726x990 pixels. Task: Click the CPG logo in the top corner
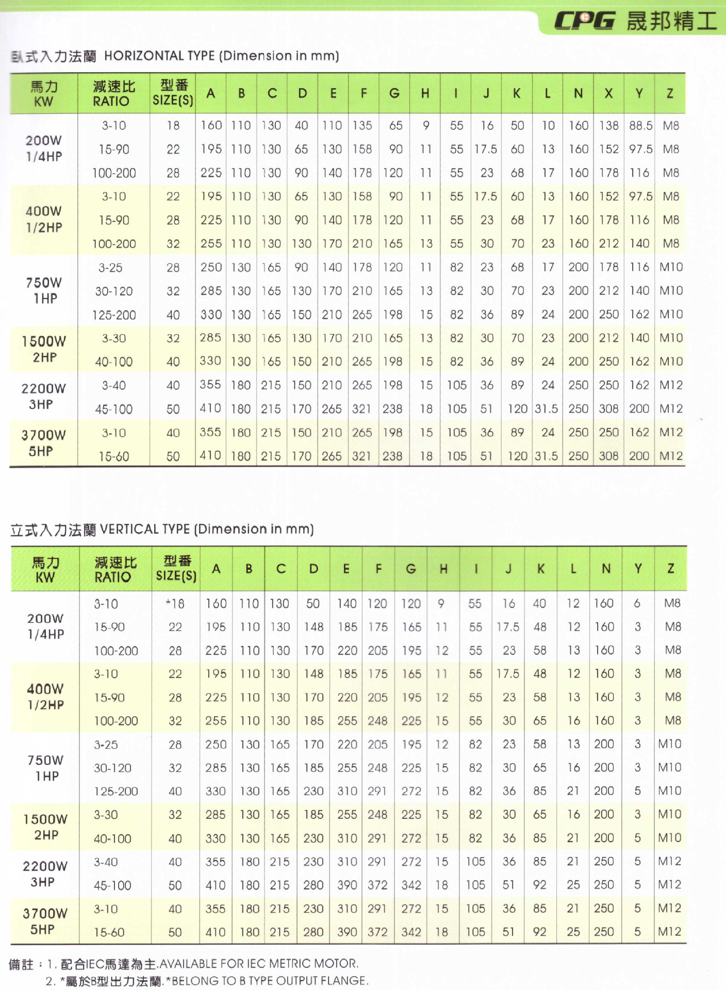click(584, 21)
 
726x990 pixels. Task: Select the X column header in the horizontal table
click(608, 93)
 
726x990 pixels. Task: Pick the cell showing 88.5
click(640, 125)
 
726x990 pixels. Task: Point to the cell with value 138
click(608, 125)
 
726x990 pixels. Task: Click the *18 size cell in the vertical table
click(175, 603)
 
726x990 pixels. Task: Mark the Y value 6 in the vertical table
click(637, 603)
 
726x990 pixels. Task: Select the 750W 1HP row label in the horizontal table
click(44, 290)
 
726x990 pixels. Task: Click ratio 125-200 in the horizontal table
click(114, 315)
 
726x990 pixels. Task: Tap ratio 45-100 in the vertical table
click(112, 885)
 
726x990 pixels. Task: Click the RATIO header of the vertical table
click(113, 577)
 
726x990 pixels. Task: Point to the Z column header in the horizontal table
click(670, 93)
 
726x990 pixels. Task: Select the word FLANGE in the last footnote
click(345, 980)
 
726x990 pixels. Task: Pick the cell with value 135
click(362, 125)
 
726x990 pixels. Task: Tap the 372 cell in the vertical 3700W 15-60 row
click(377, 932)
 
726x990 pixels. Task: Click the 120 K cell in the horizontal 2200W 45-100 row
click(517, 409)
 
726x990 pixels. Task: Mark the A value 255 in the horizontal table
click(211, 243)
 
